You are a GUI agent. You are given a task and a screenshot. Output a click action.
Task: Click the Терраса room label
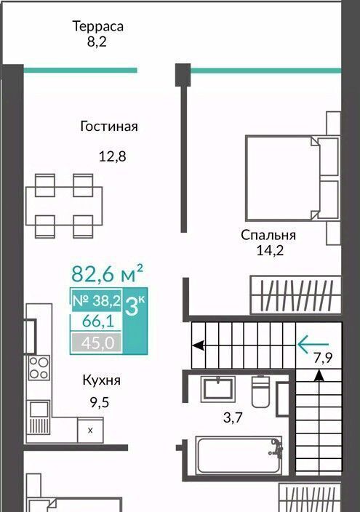pyautogui.click(x=98, y=26)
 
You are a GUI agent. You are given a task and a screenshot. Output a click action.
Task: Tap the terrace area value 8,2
pyautogui.click(x=97, y=42)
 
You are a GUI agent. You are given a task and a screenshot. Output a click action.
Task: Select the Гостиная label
pyautogui.click(x=109, y=126)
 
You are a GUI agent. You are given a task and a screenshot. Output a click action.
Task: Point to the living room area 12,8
pyautogui.click(x=113, y=156)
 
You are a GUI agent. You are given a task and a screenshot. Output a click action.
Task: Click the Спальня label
pyautogui.click(x=268, y=235)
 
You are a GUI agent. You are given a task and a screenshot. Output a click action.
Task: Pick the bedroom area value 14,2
pyautogui.click(x=270, y=251)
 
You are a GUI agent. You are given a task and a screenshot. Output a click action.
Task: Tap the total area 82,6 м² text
pyautogui.click(x=107, y=273)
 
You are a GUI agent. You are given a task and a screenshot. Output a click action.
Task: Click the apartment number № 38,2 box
pyautogui.click(x=97, y=300)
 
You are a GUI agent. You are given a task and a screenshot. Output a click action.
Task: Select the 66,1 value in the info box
pyautogui.click(x=98, y=321)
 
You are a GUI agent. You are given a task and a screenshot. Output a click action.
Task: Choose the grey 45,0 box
pyautogui.click(x=97, y=343)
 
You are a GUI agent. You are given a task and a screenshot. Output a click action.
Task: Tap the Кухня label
pyautogui.click(x=102, y=380)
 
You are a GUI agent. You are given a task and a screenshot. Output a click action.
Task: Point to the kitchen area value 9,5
pyautogui.click(x=100, y=402)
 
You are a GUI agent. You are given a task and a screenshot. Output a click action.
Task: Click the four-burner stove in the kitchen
pyautogui.click(x=39, y=368)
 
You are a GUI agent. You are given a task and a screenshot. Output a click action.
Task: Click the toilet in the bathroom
pyautogui.click(x=260, y=391)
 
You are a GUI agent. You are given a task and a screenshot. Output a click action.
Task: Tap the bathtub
pyautogui.click(x=239, y=455)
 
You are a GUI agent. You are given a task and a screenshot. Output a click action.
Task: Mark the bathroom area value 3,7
pyautogui.click(x=233, y=417)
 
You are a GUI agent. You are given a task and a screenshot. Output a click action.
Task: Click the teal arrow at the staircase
pyautogui.click(x=313, y=344)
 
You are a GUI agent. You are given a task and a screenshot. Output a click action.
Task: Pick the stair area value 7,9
pyautogui.click(x=323, y=359)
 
